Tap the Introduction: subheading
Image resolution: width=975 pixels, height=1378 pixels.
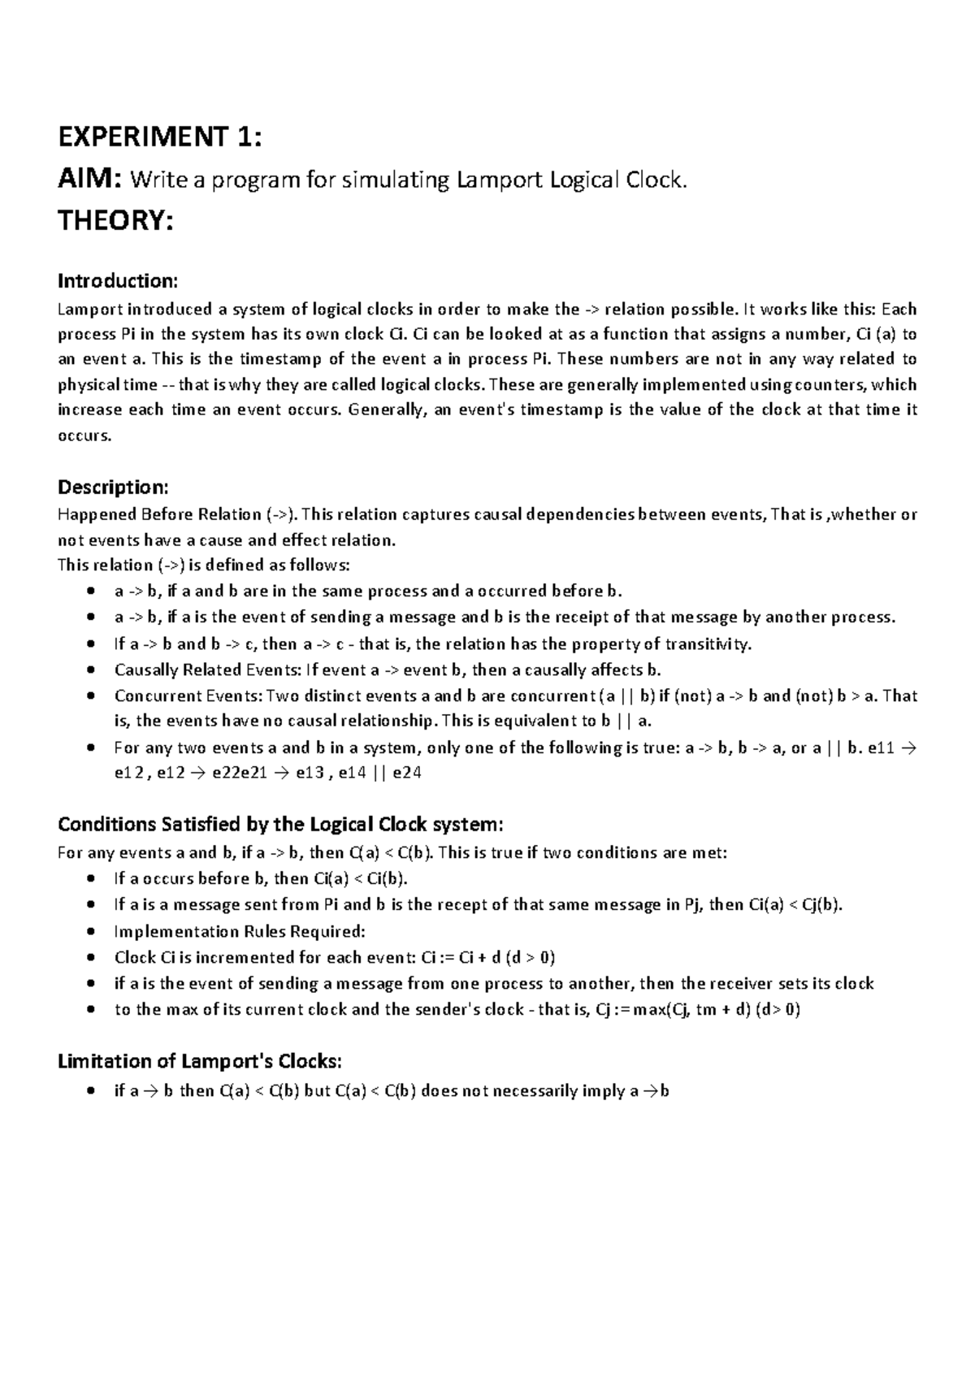pos(117,281)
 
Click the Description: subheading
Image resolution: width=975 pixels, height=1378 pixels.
pos(113,487)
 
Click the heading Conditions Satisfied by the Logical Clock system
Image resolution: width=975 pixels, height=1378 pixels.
pos(280,825)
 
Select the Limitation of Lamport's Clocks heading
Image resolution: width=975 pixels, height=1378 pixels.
pos(200,1062)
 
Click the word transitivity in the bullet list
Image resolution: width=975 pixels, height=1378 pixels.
pos(708,644)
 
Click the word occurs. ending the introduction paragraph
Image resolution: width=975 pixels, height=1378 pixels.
pos(83,436)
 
